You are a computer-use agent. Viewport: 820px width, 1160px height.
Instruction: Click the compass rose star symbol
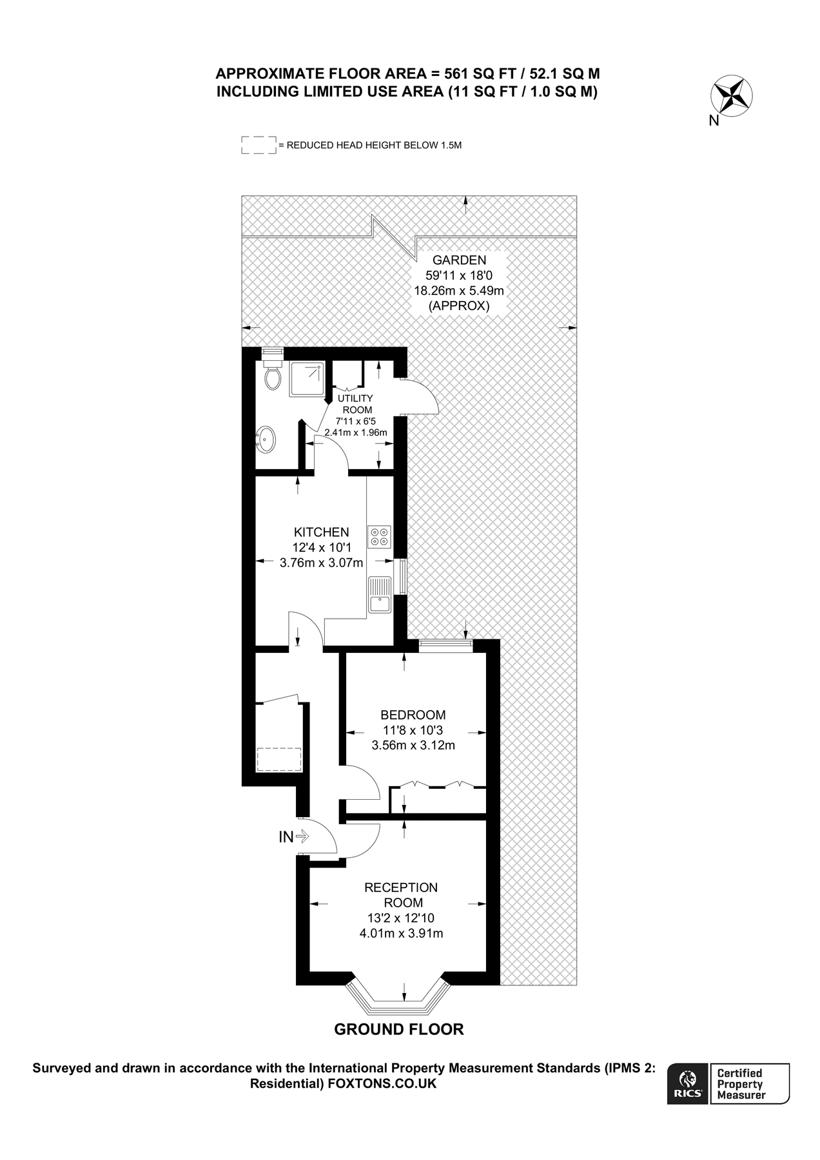(x=732, y=95)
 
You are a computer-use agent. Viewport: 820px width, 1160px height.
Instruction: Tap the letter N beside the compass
(x=714, y=121)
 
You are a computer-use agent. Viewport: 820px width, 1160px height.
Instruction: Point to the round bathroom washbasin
(x=266, y=440)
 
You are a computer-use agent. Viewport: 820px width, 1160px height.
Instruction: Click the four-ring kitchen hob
(x=379, y=537)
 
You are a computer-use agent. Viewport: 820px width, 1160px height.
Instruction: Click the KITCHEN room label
(x=321, y=532)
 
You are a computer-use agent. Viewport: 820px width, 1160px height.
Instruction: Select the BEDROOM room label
(x=413, y=715)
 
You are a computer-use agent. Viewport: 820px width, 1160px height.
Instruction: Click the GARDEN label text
(x=458, y=260)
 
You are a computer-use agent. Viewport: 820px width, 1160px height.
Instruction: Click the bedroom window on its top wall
(x=445, y=643)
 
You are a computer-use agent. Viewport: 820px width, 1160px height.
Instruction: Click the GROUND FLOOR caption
(x=398, y=1029)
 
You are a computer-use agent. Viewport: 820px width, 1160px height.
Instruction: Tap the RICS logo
(x=688, y=1083)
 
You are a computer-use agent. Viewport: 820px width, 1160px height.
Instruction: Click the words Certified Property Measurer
(x=741, y=1083)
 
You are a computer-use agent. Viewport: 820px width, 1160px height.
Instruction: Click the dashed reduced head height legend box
(x=258, y=145)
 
